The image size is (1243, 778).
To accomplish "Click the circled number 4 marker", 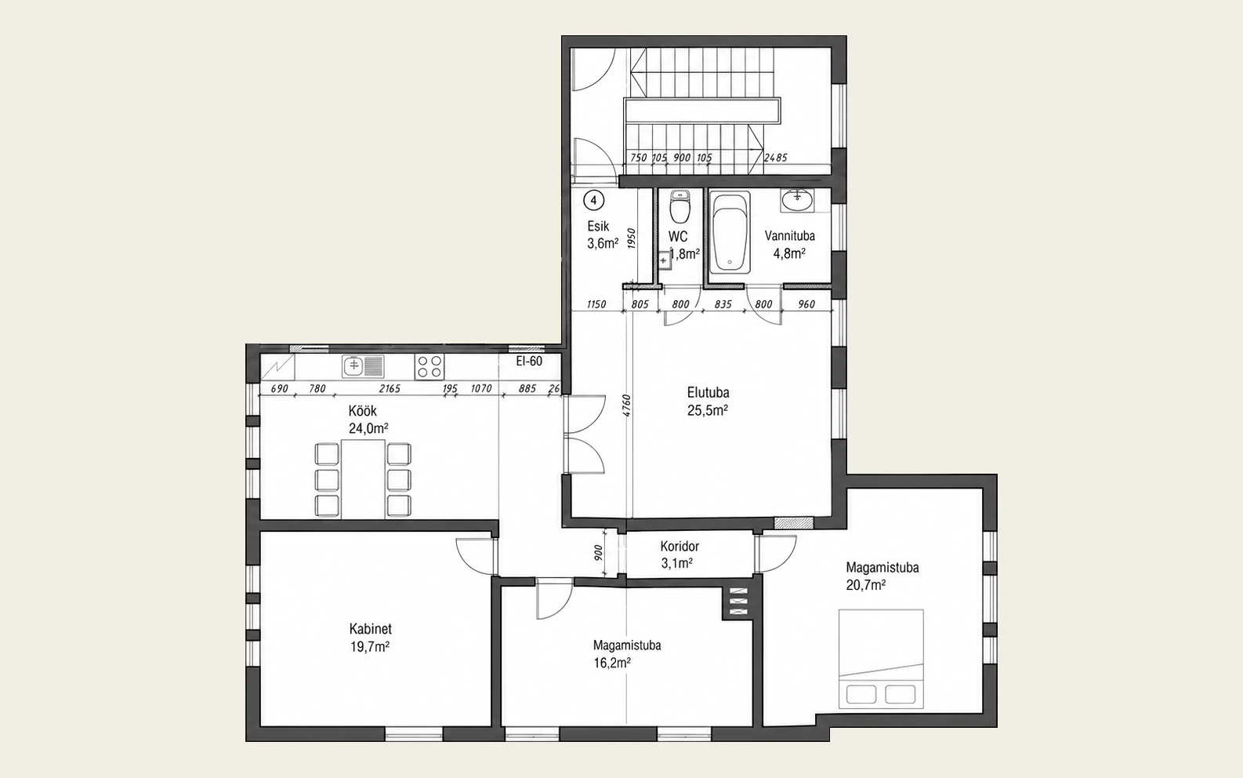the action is point(594,201).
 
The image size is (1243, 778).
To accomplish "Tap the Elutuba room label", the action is point(708,393).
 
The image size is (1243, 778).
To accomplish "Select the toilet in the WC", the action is point(679,206).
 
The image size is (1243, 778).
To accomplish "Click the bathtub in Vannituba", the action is point(730,232).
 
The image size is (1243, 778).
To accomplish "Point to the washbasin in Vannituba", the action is point(797,200).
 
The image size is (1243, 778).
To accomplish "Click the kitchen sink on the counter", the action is point(363,366).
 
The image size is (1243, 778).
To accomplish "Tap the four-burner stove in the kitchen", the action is point(429,366).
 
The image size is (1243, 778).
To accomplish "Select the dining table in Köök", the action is point(363,478).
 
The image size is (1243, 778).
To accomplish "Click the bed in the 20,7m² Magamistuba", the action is point(881,659).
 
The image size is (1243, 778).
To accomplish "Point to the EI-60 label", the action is point(529,361).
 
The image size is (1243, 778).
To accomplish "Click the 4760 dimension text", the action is point(626,406).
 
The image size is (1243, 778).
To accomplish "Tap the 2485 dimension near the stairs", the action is point(775,158).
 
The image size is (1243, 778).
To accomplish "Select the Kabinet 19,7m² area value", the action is point(370,647).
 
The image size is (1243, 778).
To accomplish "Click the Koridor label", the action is point(679,547).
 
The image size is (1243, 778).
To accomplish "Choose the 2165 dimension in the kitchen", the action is point(390,389).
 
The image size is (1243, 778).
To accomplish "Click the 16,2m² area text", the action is point(612,663).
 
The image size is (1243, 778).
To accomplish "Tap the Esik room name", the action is point(598,226).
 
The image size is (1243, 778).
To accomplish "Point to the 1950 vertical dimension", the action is point(631,238).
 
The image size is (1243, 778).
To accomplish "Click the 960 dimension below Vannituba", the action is point(806,304).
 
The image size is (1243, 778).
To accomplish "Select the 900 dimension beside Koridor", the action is point(598,553).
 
